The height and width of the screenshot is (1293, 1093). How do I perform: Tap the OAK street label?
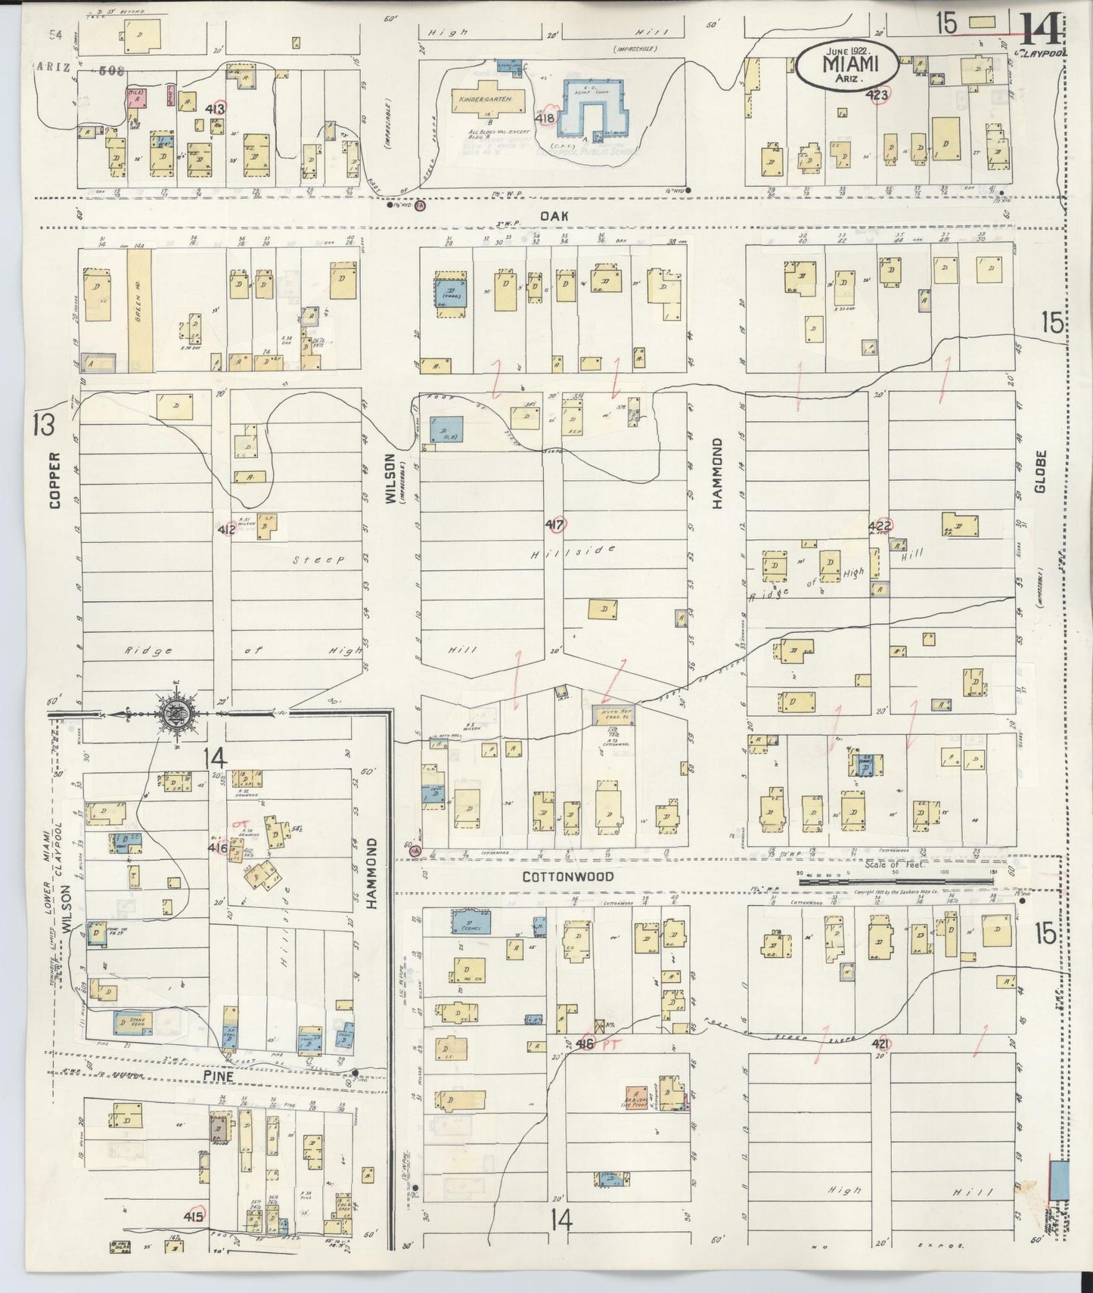tap(550, 215)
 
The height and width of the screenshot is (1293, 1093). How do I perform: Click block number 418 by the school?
tap(545, 118)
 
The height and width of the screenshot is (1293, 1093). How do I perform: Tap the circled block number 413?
tap(216, 109)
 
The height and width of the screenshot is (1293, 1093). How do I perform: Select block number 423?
tap(877, 95)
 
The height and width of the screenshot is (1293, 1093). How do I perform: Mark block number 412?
tap(227, 529)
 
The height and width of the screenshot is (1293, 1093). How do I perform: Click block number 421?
tap(880, 1044)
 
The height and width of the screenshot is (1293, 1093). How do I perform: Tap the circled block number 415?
tap(194, 1217)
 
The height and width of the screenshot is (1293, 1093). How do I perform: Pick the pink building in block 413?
tap(135, 96)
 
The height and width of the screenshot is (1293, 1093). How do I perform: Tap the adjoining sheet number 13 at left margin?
tap(42, 426)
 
